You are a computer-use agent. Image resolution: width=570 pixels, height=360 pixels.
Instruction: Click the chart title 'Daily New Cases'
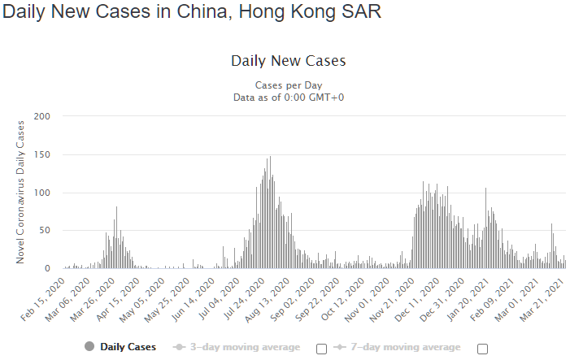point(288,61)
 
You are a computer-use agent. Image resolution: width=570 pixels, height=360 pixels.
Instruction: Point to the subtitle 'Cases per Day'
point(288,85)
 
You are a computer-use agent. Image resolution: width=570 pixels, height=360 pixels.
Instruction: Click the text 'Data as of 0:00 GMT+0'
point(288,97)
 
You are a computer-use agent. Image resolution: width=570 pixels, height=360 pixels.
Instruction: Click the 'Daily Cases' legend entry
point(120,347)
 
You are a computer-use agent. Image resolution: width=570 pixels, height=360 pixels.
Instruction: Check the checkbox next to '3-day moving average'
point(321,349)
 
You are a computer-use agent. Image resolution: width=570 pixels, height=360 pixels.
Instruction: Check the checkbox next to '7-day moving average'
point(483,349)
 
